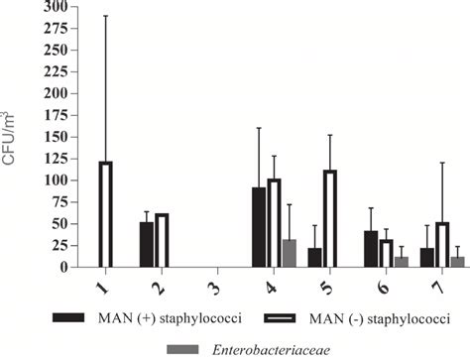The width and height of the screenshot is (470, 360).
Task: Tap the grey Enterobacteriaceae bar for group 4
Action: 290,253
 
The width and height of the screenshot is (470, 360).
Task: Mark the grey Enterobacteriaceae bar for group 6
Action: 401,262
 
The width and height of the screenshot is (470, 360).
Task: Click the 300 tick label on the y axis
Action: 55,8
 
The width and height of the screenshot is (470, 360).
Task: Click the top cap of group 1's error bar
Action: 106,16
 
